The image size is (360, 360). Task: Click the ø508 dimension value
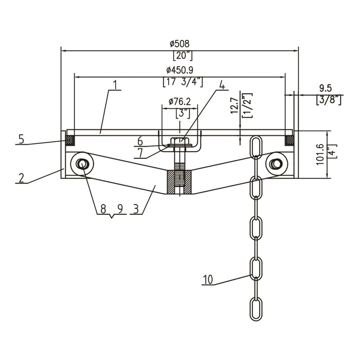coord(180,44)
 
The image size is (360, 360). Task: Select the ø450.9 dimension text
coord(180,70)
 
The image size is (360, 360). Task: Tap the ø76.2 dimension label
coord(180,102)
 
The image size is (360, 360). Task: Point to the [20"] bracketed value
coord(183,55)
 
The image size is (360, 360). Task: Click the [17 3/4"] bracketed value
coord(183,82)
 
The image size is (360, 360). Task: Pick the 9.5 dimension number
coord(325,88)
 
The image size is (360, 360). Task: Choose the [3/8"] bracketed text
coord(328,100)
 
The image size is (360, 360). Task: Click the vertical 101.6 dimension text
coord(320,154)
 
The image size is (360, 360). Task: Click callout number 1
coord(116,85)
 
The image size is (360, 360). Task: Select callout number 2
coord(21,178)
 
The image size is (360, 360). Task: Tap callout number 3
coord(136,209)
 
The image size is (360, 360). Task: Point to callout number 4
coord(222,85)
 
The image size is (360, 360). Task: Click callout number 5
coord(21,139)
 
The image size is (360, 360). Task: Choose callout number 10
coord(208,279)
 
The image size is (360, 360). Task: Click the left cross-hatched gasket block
coord(70,140)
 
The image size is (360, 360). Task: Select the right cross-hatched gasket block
coord(289,140)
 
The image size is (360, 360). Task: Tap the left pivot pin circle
coord(81,163)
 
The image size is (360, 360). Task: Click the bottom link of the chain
coord(256,309)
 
